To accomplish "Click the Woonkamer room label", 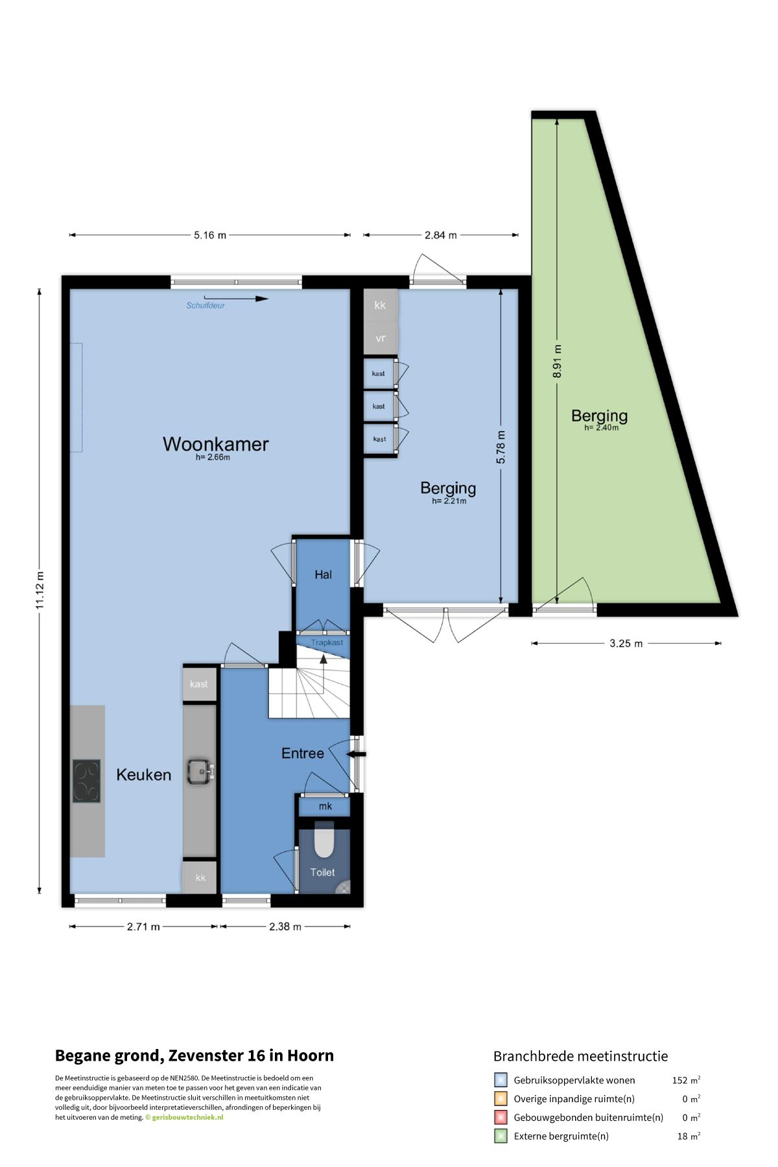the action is click(x=215, y=444).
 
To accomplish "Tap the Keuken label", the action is click(x=144, y=775).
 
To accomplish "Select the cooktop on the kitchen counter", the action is click(x=86, y=781).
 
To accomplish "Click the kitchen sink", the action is click(x=200, y=772).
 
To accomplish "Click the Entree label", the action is click(x=303, y=753).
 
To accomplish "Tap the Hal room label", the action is click(x=323, y=574).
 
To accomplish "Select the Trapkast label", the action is click(x=327, y=642).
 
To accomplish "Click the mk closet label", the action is click(x=325, y=806).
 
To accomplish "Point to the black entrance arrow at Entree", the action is click(x=357, y=754).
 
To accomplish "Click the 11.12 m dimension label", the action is click(x=40, y=590).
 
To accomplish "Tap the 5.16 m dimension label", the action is click(x=210, y=235).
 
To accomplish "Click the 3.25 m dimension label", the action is click(x=626, y=643).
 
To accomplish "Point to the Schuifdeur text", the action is click(x=206, y=305).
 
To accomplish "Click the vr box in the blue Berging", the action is click(x=381, y=338).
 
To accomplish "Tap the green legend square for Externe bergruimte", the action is click(x=501, y=1136).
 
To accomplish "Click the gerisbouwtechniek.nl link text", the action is click(x=187, y=1117).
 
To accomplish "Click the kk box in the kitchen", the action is click(x=200, y=877).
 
